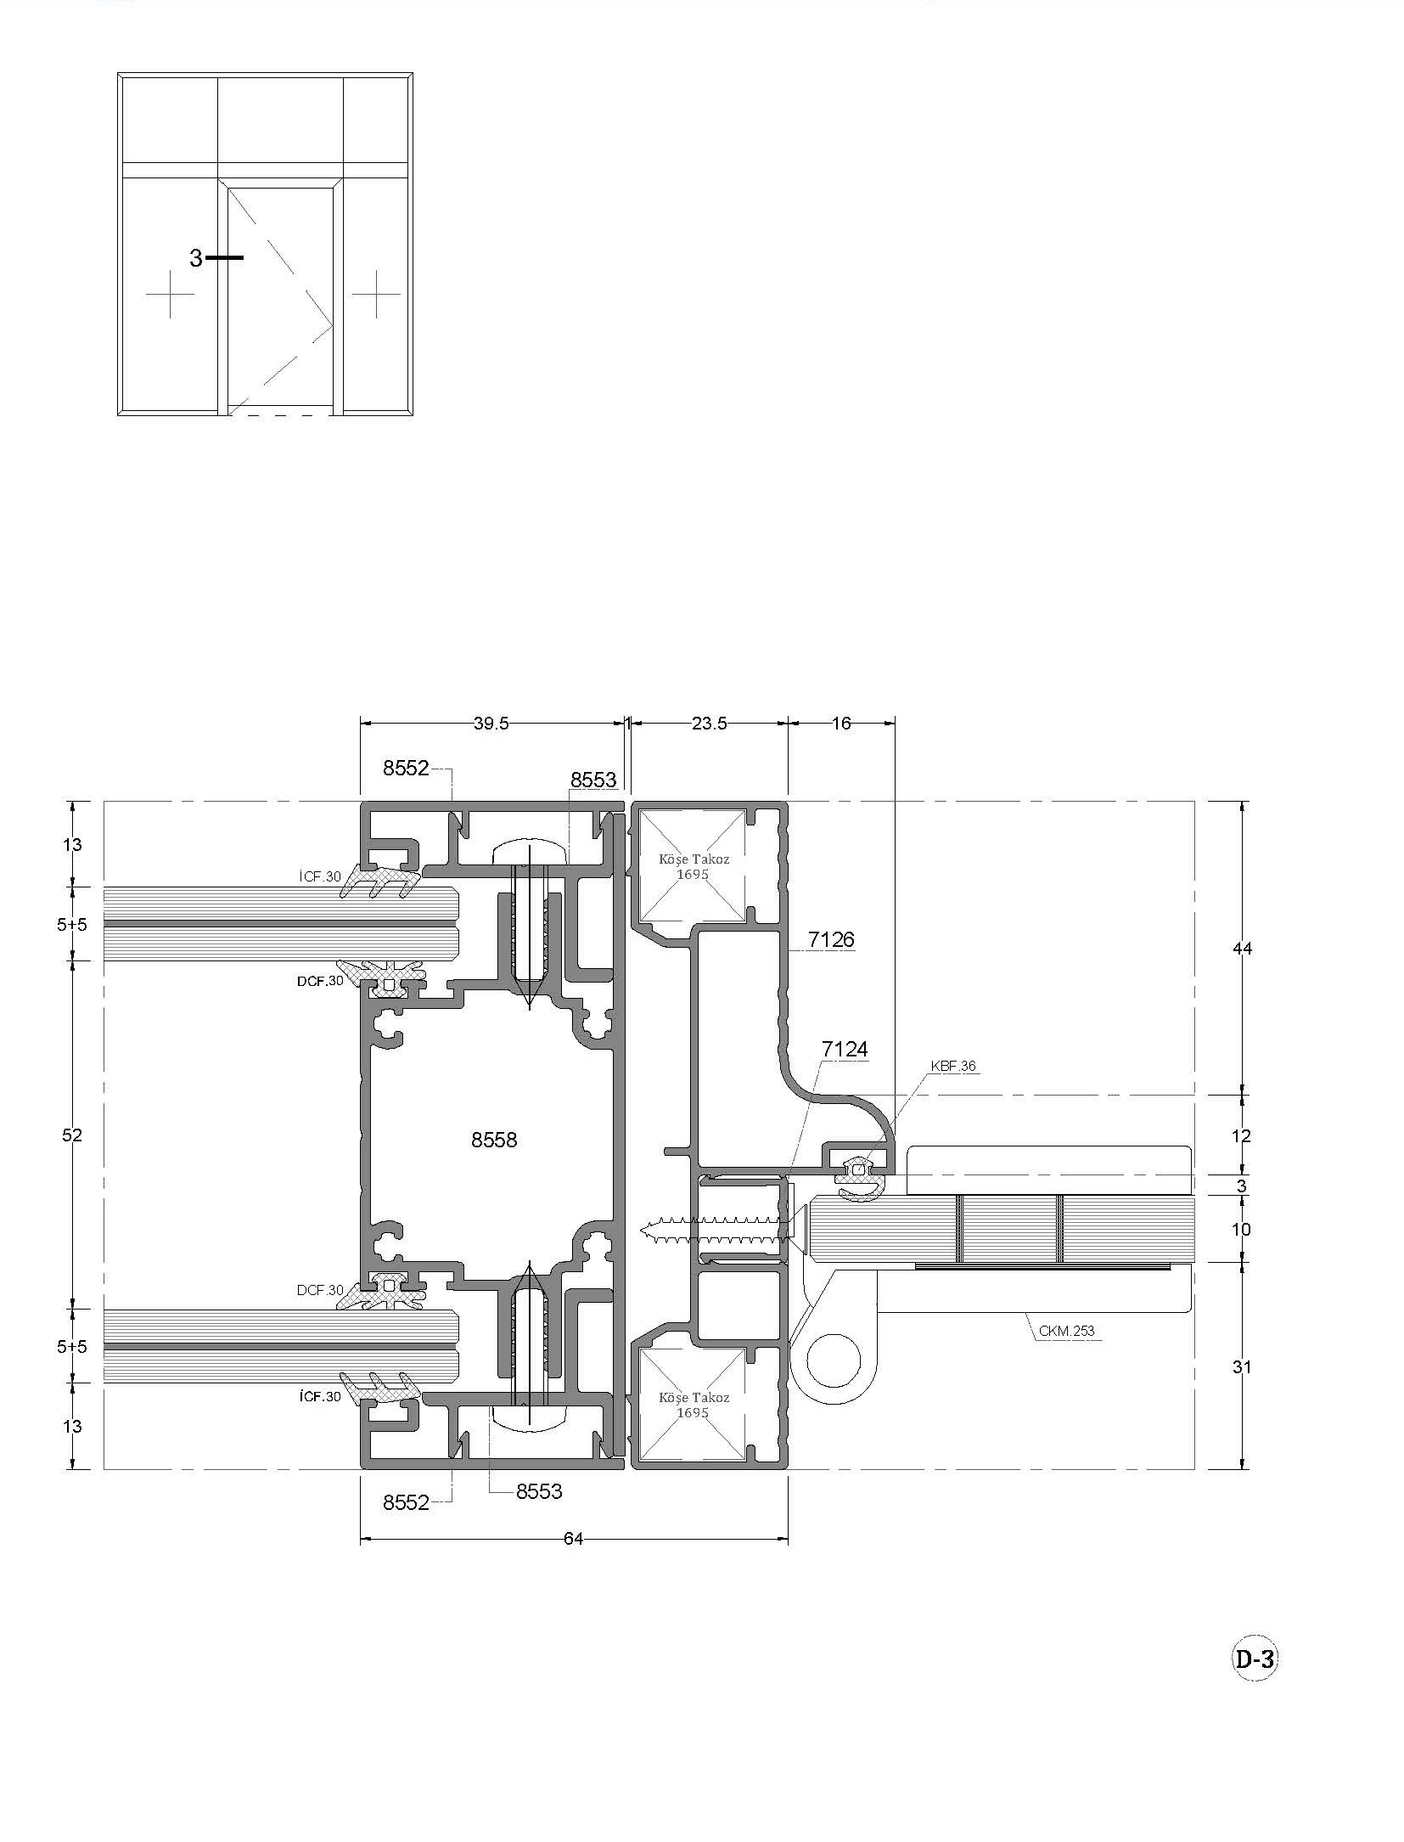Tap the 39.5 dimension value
pyautogui.click(x=491, y=724)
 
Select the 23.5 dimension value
pyautogui.click(x=709, y=724)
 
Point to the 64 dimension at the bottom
pyautogui.click(x=574, y=1538)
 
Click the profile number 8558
pyautogui.click(x=494, y=1140)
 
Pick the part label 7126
pyautogui.click(x=831, y=939)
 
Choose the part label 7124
pyautogui.click(x=845, y=1050)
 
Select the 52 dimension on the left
pyautogui.click(x=72, y=1135)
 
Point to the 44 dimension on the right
pyautogui.click(x=1242, y=949)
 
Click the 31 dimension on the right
pyautogui.click(x=1242, y=1367)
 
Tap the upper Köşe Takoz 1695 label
pyautogui.click(x=694, y=866)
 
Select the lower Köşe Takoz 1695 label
pyautogui.click(x=694, y=1405)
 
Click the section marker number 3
pyautogui.click(x=196, y=258)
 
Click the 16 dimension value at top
pyautogui.click(x=841, y=724)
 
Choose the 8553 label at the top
pyautogui.click(x=593, y=780)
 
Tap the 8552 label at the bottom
pyautogui.click(x=406, y=1502)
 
